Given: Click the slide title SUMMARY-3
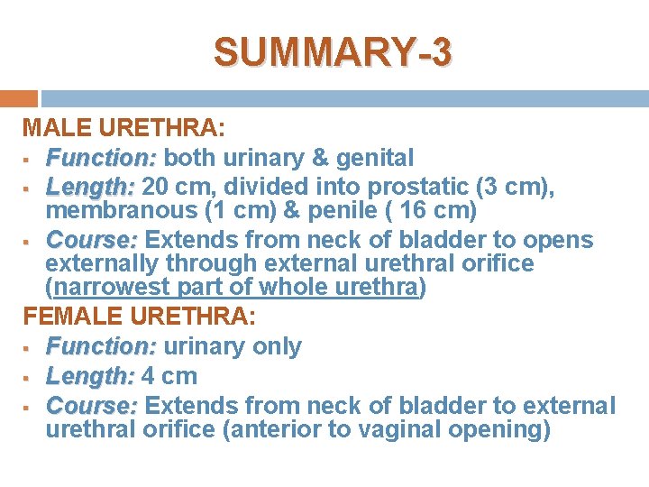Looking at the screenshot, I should pyautogui.click(x=333, y=52).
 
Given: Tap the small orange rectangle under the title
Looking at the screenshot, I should pyautogui.click(x=18, y=98).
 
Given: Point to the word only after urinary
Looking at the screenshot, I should pyautogui.click(x=273, y=346).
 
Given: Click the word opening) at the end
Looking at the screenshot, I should pyautogui.click(x=505, y=430).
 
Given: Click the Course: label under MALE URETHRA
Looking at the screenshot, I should pyautogui.click(x=93, y=240).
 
